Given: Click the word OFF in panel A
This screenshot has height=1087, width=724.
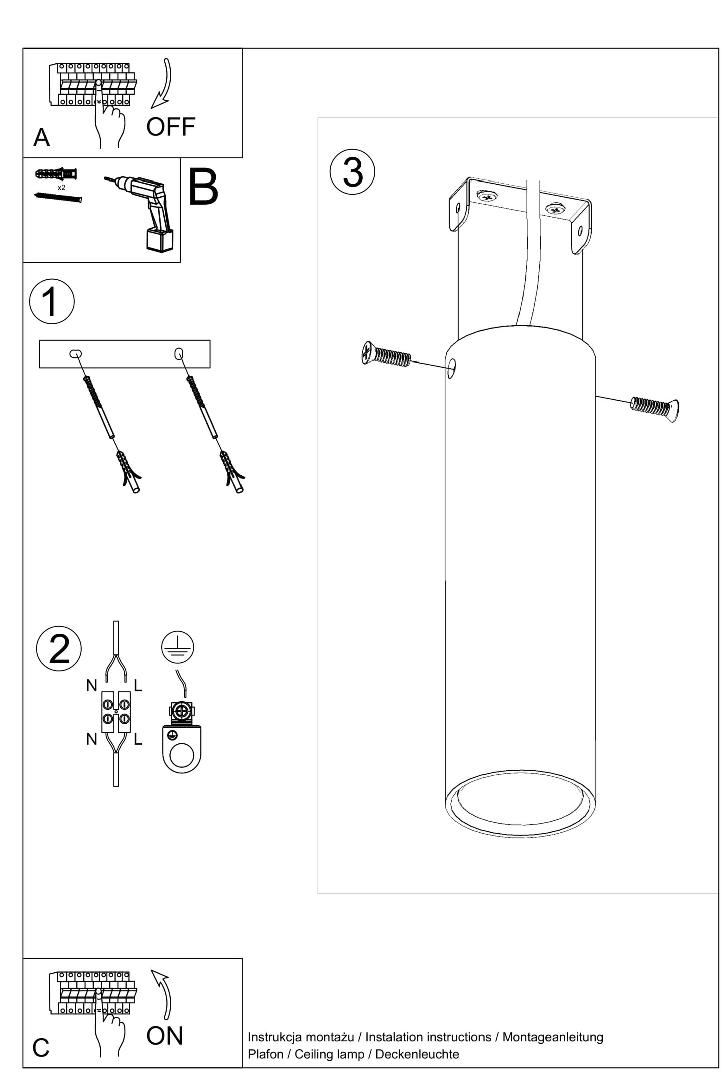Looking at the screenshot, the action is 170,127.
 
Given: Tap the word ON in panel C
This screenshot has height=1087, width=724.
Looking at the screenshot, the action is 165,1036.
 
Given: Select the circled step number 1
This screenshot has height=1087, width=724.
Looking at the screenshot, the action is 52,301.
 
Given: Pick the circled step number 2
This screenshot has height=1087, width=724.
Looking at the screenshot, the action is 59,648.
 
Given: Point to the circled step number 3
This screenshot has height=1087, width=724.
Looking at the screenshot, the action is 352,172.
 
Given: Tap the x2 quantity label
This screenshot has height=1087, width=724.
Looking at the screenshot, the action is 61,188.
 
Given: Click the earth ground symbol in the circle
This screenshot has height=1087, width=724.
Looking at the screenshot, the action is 178,647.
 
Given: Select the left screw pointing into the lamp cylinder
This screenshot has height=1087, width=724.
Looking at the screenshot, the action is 386,354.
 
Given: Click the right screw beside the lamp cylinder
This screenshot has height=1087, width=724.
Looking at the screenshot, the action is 655,407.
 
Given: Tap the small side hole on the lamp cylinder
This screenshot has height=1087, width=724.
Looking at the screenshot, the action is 451,369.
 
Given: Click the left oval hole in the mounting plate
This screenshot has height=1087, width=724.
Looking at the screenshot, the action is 76,354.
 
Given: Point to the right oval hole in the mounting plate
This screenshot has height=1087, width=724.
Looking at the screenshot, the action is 179,354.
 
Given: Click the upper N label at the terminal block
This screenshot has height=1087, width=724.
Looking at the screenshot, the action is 91,685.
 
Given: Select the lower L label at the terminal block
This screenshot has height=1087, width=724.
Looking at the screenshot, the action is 138,739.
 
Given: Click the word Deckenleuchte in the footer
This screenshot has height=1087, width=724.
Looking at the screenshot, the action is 417,1054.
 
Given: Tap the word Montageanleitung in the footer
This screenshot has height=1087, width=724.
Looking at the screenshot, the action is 553,1037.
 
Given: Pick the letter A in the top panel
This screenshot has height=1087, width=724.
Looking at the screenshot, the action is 41,137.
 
